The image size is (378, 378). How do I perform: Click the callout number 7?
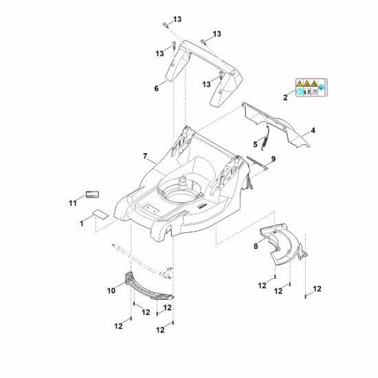(145, 157)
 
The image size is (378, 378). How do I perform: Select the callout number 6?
(157, 89)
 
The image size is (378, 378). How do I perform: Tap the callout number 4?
(313, 131)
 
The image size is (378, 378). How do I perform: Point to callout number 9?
(274, 159)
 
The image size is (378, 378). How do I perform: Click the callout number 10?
(111, 291)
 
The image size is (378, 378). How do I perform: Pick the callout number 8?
(256, 246)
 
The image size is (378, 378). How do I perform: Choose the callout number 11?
(73, 203)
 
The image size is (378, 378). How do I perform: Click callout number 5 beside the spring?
(255, 144)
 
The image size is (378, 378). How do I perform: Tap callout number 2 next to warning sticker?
(285, 98)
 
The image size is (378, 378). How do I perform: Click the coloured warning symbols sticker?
(311, 87)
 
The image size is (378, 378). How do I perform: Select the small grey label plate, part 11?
(93, 194)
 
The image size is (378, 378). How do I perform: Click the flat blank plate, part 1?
(101, 214)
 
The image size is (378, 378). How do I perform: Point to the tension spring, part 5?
(266, 138)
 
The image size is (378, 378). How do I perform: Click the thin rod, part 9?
(258, 163)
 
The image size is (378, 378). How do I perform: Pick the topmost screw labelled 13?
(166, 25)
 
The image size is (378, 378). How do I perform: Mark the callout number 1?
(82, 224)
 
